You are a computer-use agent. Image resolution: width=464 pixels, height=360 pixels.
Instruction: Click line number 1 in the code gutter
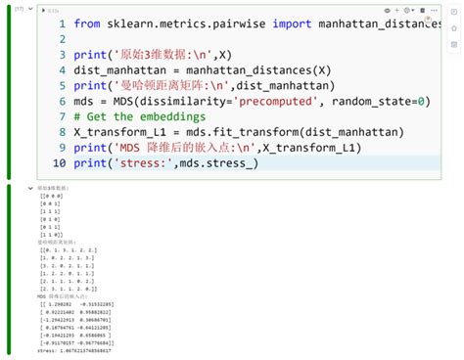click(62, 23)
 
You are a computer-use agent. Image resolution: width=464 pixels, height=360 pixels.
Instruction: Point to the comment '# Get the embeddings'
click(153, 116)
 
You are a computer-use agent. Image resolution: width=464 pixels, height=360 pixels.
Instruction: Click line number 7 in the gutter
click(62, 116)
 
